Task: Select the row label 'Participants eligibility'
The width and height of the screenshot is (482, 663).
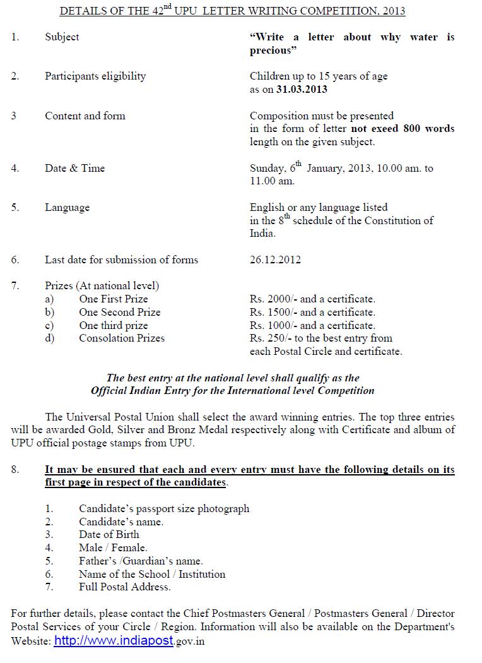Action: coord(95,76)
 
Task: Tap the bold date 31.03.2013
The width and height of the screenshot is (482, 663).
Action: coord(302,89)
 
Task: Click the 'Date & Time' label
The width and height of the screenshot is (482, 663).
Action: coord(74,168)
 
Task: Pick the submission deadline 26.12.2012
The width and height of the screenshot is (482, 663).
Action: coord(275,260)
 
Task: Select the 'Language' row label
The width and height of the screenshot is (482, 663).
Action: coord(67,208)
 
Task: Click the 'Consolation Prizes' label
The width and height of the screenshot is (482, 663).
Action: coord(121,338)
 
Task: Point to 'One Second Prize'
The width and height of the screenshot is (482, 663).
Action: coord(119,312)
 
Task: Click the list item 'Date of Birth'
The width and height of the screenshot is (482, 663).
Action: coord(109,535)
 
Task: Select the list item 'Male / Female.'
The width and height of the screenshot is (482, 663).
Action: coord(113,548)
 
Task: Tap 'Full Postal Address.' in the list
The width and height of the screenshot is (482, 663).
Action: coord(124,587)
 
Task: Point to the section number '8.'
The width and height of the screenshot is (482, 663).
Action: coord(15,470)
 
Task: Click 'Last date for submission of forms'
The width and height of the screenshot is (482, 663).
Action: coord(121,260)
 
